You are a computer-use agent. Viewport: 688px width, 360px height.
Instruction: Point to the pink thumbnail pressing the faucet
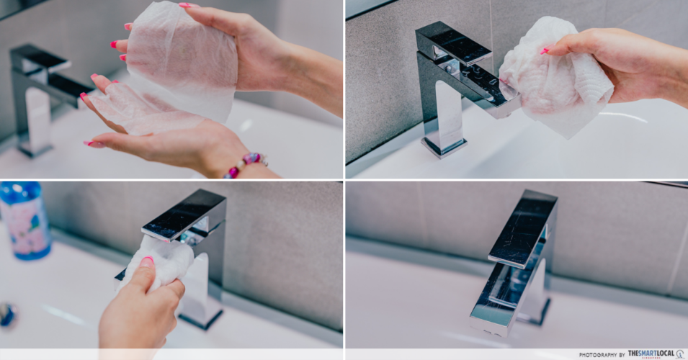point(146,262)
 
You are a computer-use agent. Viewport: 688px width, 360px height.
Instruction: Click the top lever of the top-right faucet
point(454,43)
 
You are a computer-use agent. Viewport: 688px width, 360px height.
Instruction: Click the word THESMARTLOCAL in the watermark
point(651,354)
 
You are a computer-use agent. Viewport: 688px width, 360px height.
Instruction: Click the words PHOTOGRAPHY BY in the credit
point(602,355)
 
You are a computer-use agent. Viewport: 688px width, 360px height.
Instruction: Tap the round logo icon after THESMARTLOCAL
point(680,354)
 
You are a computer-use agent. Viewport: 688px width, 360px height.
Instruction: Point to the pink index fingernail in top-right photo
point(545,51)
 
